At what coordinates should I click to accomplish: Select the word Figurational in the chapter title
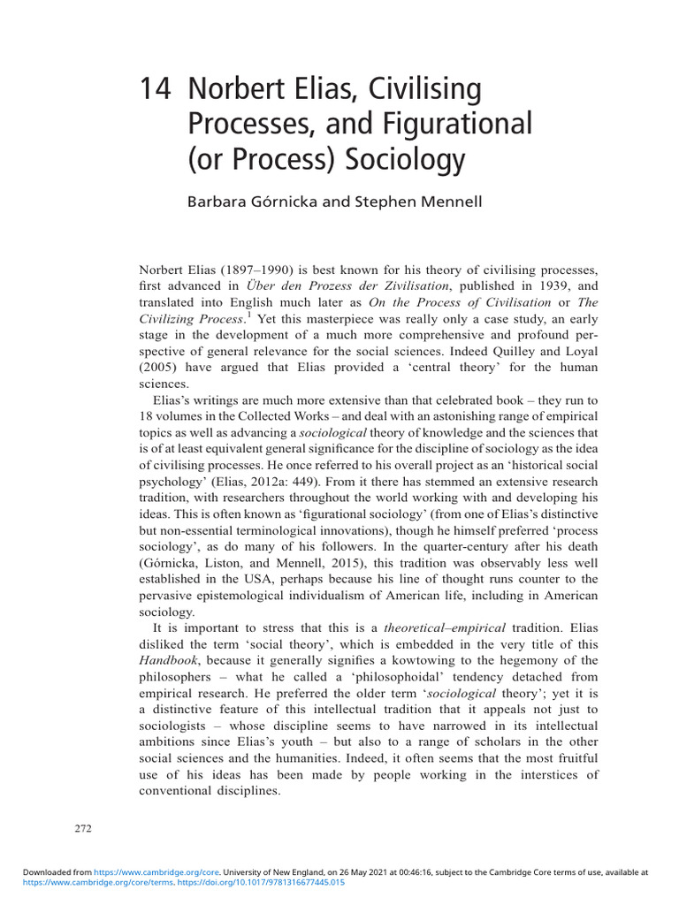click(460, 125)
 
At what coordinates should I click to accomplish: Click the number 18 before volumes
click(148, 416)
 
